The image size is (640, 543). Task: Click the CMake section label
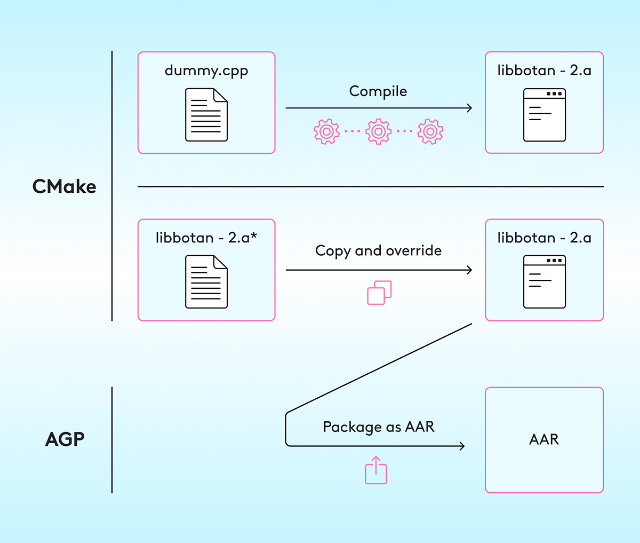[64, 187]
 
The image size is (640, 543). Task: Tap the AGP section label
[65, 439]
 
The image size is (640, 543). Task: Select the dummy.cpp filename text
[206, 70]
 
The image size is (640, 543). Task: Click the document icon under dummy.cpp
[206, 115]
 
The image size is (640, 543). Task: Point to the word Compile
[378, 91]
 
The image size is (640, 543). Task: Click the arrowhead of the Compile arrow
[469, 108]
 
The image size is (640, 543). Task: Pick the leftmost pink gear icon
[326, 131]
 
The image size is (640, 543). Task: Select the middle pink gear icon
[378, 131]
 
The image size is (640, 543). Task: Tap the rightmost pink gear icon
[430, 131]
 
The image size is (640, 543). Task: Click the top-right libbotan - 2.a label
[544, 70]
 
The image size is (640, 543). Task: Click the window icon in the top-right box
[544, 115]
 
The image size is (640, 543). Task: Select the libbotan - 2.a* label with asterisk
[206, 238]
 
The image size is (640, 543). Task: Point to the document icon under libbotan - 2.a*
[206, 282]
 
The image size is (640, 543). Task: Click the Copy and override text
[378, 251]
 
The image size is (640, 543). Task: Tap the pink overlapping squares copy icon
[379, 293]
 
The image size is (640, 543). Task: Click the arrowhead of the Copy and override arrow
[469, 270]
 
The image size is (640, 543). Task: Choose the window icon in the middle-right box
[544, 282]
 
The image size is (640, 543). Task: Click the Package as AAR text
[378, 427]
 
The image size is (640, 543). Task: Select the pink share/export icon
[376, 470]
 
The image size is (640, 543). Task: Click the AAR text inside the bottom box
[544, 439]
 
